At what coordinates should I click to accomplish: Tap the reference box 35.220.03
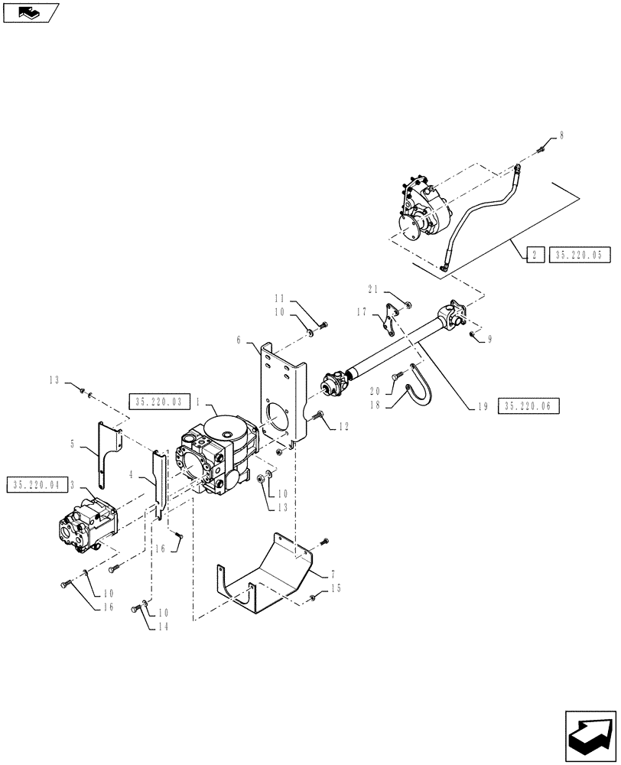[159, 402]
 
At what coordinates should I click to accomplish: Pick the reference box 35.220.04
[36, 484]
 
